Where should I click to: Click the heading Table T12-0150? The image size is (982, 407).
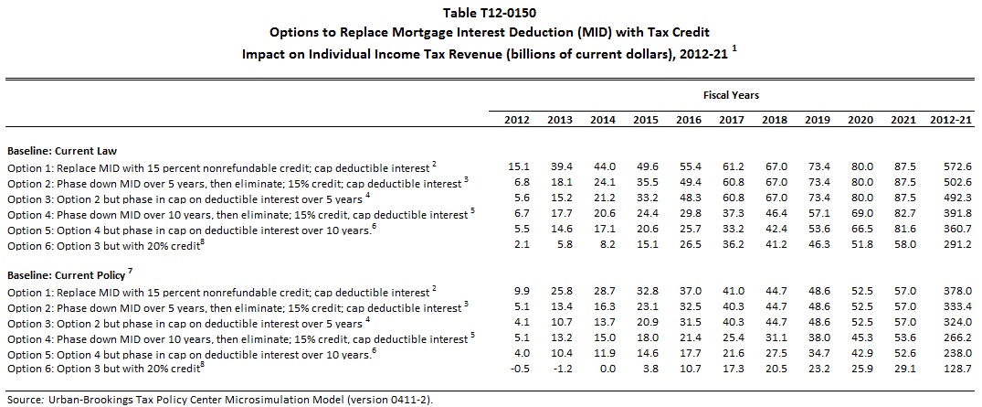click(x=491, y=12)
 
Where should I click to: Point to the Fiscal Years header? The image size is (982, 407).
click(x=731, y=94)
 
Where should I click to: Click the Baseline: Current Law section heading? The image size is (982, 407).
click(x=62, y=149)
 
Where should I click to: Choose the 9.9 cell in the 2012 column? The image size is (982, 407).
click(x=519, y=291)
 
